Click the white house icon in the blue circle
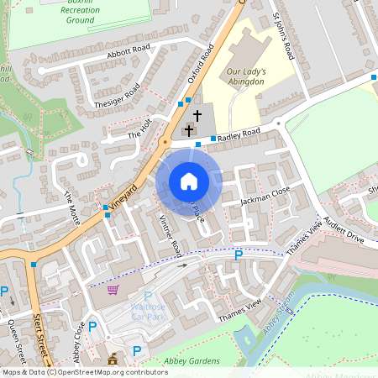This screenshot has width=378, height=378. pyautogui.click(x=188, y=181)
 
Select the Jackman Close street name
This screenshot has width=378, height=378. pyautogui.click(x=265, y=196)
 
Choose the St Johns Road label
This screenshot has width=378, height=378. pyautogui.click(x=284, y=35)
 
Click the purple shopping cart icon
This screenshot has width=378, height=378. pyautogui.click(x=113, y=290)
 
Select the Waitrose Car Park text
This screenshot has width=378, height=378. pyautogui.click(x=148, y=312)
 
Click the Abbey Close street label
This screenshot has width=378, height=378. pyautogui.click(x=80, y=312)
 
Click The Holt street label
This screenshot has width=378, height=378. pyautogui.click(x=139, y=129)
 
